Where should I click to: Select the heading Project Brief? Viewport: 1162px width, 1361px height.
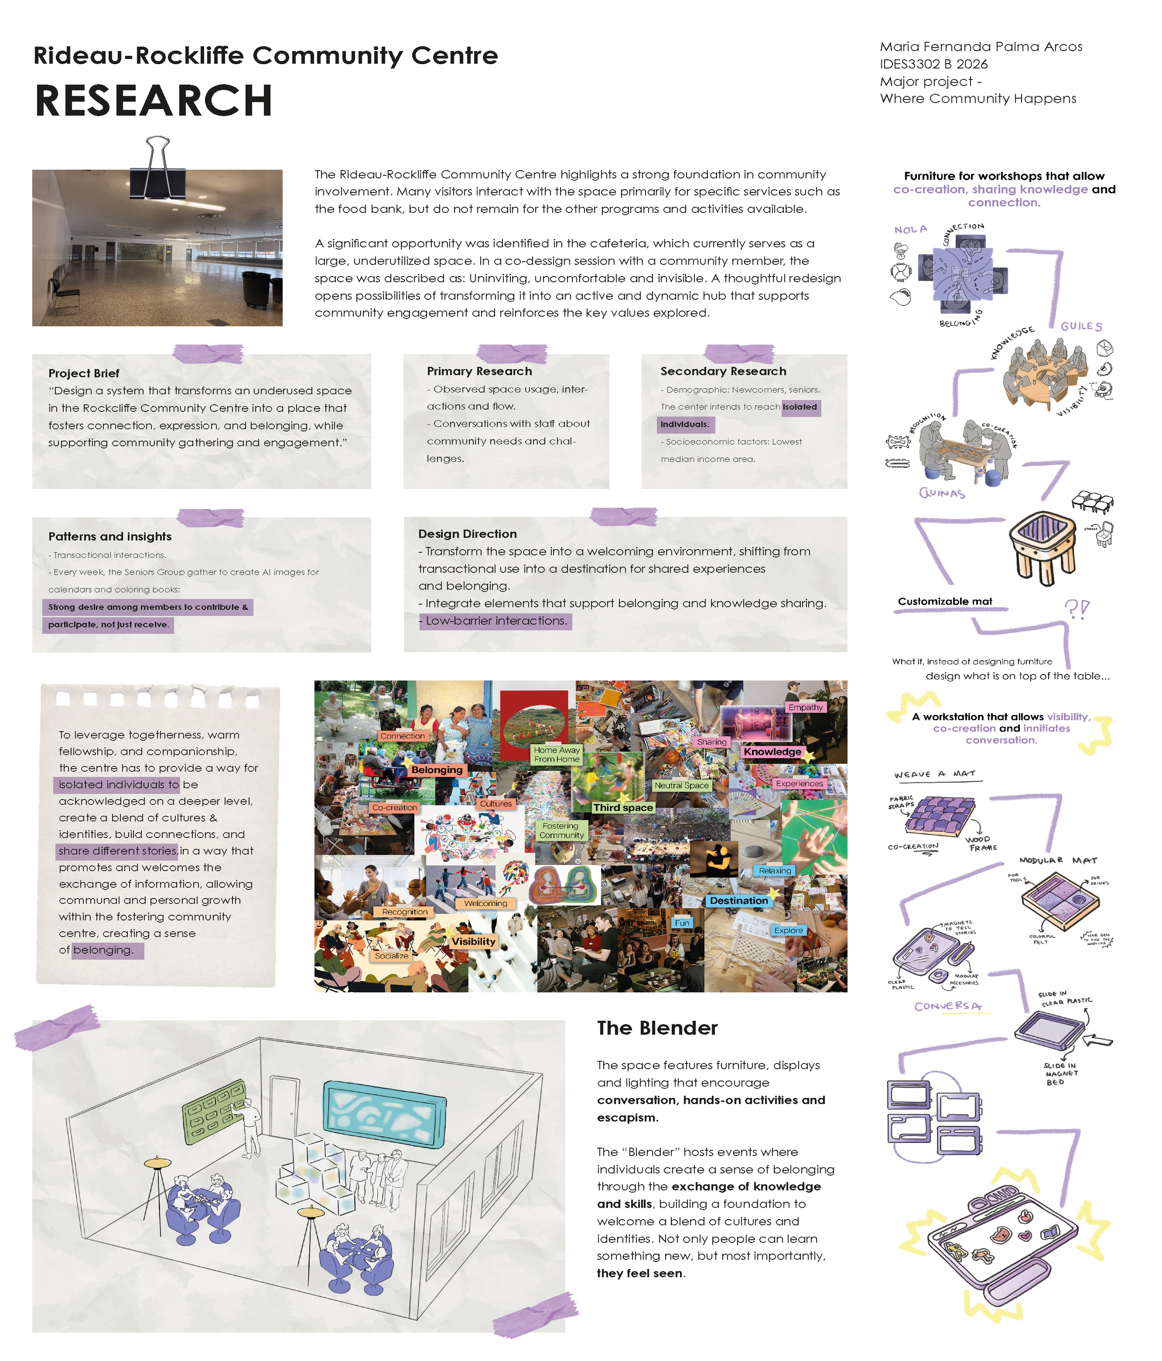pyautogui.click(x=83, y=373)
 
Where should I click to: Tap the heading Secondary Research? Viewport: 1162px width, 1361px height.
pyautogui.click(x=723, y=371)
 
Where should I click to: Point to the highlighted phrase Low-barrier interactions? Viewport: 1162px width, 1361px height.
pyautogui.click(x=495, y=621)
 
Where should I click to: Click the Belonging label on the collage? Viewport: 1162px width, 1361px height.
pyautogui.click(x=437, y=770)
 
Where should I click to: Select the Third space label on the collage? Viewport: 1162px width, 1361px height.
pyautogui.click(x=623, y=807)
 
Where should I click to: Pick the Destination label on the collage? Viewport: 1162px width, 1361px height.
pyautogui.click(x=738, y=900)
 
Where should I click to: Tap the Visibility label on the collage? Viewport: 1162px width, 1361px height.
pyautogui.click(x=473, y=941)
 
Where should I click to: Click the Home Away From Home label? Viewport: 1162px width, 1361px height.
pyautogui.click(x=556, y=754)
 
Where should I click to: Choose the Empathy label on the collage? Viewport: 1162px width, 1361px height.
pyautogui.click(x=805, y=707)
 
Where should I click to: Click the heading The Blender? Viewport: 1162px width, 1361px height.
pyautogui.click(x=657, y=1028)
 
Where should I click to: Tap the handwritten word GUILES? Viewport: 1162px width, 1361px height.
pyautogui.click(x=1081, y=326)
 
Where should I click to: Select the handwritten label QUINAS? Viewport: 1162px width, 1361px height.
pyautogui.click(x=942, y=493)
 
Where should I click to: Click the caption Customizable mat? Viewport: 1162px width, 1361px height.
pyautogui.click(x=944, y=601)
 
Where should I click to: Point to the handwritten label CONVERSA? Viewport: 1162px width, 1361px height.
pyautogui.click(x=948, y=1006)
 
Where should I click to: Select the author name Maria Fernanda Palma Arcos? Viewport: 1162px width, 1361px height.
pyautogui.click(x=981, y=46)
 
